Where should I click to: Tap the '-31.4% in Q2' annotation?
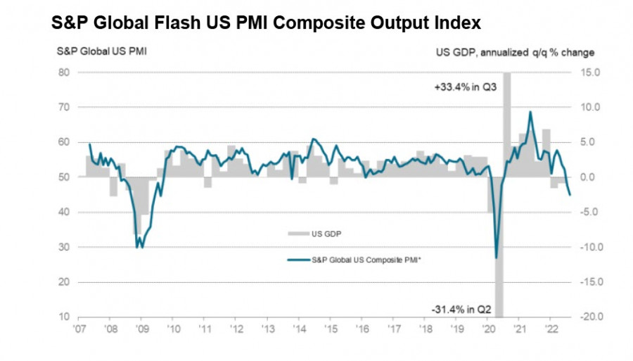[x=461, y=308]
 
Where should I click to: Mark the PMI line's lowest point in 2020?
[x=497, y=258]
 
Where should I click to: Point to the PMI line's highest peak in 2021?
[x=530, y=112]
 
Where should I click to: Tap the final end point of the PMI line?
[x=570, y=195]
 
